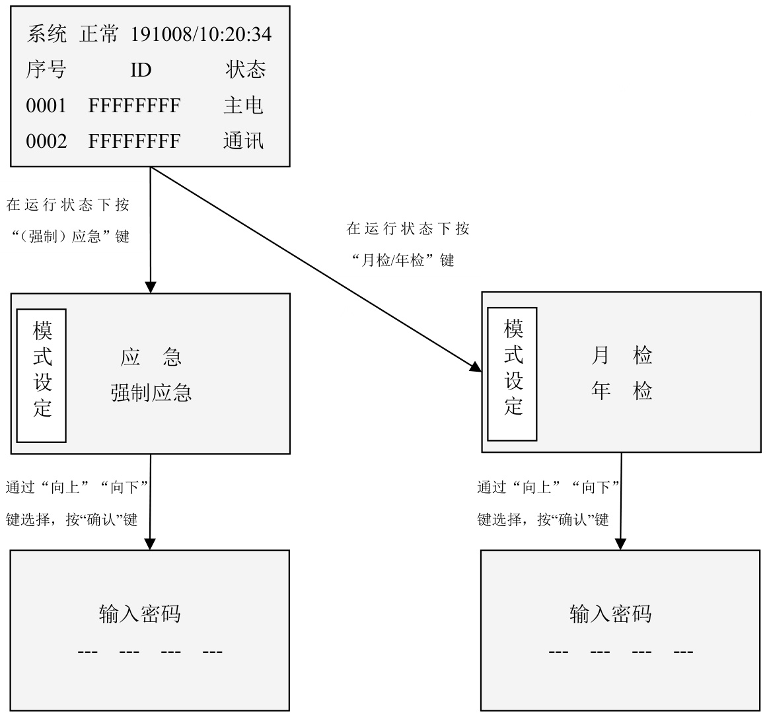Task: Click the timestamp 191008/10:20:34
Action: [x=201, y=34]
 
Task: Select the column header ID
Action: [x=141, y=70]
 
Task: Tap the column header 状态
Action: [x=245, y=70]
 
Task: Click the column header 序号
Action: [x=46, y=70]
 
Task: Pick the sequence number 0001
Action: [x=46, y=106]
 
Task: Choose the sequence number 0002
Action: [x=46, y=141]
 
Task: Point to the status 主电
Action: [x=243, y=106]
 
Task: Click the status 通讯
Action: [x=243, y=141]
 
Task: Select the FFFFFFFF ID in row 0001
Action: [x=134, y=106]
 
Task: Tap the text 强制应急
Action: [x=151, y=393]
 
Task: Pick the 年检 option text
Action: [x=621, y=392]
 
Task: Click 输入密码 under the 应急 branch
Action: [x=139, y=614]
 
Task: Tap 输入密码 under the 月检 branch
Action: [x=610, y=614]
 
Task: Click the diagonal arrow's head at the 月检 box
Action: [x=476, y=367]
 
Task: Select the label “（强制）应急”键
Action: [x=71, y=236]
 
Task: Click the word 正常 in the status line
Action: [x=98, y=34]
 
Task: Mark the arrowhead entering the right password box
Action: [x=620, y=544]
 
